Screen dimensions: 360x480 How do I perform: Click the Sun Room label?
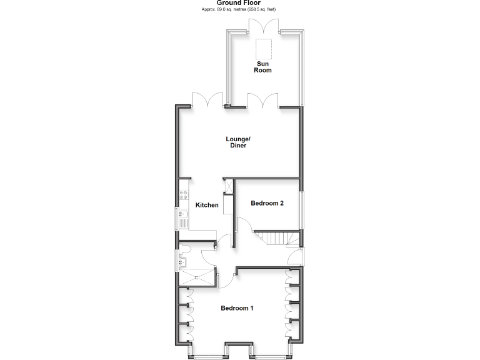click(x=262, y=67)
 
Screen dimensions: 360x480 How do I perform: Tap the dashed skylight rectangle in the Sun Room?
click(x=264, y=47)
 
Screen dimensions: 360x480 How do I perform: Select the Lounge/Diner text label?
click(x=237, y=142)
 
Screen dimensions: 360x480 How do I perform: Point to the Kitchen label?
click(x=207, y=205)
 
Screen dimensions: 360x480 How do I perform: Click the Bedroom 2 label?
click(x=267, y=202)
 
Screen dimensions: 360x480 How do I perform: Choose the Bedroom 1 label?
click(x=237, y=308)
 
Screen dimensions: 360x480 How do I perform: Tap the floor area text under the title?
click(x=239, y=10)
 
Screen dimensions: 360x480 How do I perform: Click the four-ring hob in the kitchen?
click(x=184, y=194)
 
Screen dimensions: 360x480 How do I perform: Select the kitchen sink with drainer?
click(x=184, y=219)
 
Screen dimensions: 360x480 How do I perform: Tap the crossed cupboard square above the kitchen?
click(x=229, y=186)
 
